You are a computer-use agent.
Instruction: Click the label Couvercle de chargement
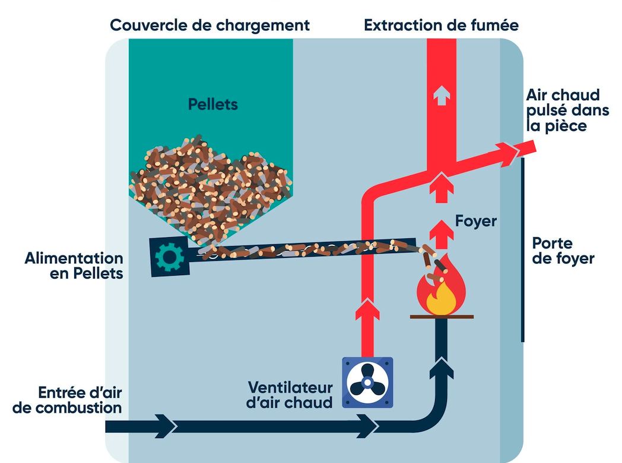pos(210,25)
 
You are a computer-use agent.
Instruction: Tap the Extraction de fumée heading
pos(441,25)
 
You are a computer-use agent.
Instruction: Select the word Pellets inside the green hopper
pos(212,104)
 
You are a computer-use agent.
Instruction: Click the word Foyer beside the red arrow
pos(475,221)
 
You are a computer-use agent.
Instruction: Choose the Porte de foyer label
pos(563,251)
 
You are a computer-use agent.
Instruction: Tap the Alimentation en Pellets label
pos(74,266)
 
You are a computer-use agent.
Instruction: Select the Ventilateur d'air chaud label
pos(290,394)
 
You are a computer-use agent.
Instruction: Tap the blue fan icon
pos(367,382)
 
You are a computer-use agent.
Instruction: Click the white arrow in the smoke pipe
pos(441,95)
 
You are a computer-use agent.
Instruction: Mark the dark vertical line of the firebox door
pos(523,249)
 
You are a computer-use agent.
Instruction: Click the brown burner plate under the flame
pos(440,317)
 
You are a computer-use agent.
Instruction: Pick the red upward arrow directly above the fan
pos(367,311)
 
